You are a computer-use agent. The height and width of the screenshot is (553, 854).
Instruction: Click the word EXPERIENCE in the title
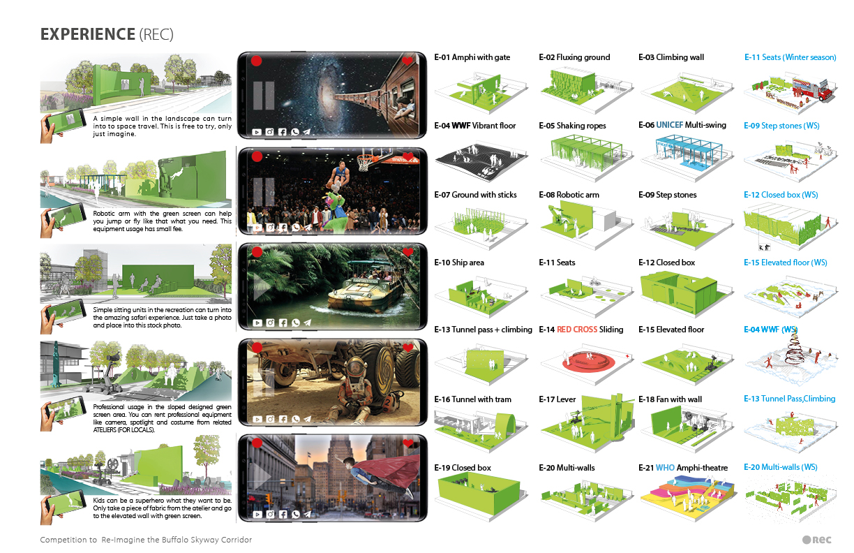pos(88,34)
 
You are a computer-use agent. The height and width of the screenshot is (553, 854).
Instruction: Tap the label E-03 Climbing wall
pos(671,57)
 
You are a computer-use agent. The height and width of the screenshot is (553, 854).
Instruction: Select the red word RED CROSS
pos(577,330)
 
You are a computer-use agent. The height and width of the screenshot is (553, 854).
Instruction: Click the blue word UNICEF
pos(670,125)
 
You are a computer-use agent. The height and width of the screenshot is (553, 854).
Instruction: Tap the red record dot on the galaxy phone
pos(256,61)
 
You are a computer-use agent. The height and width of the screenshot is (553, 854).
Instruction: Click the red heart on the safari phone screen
pos(408,252)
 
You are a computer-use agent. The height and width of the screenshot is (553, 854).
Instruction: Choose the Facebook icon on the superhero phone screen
pos(283,514)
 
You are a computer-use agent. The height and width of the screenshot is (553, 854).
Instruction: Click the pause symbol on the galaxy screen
pos(264,96)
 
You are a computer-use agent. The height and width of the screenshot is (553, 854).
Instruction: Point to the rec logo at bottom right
pos(816,540)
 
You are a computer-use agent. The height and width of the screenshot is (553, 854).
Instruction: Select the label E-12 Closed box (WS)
pos(781,195)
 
